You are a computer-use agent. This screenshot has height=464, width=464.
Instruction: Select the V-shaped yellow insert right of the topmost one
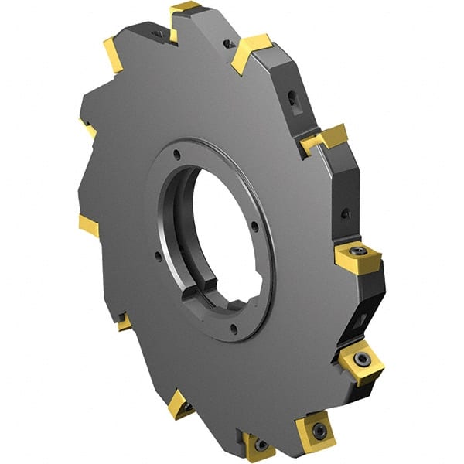251,51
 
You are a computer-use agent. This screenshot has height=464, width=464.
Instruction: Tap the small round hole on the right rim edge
347,212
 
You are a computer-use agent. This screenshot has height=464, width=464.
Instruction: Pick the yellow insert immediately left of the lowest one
181,404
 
